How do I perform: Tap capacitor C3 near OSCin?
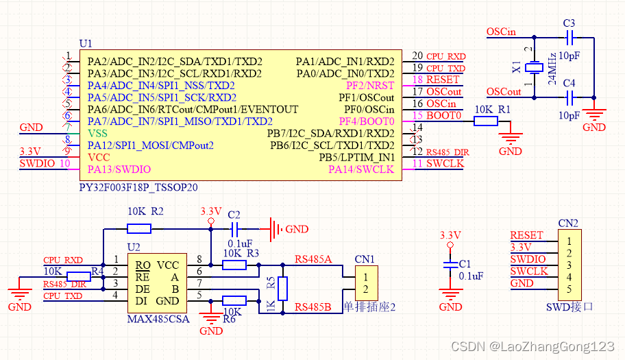pos(568,38)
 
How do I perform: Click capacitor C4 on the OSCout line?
pos(568,97)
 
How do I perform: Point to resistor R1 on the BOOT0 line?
pos(486,121)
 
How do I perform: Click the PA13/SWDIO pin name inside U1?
pos(119,169)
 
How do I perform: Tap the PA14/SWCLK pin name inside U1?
pos(361,169)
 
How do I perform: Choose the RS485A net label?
pos(313,259)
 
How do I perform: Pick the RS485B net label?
pos(313,306)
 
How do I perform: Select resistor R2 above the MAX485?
pos(139,229)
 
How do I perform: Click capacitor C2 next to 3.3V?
pos(234,229)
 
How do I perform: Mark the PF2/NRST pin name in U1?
pos(370,86)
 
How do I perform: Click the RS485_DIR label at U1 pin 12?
pos(448,152)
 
